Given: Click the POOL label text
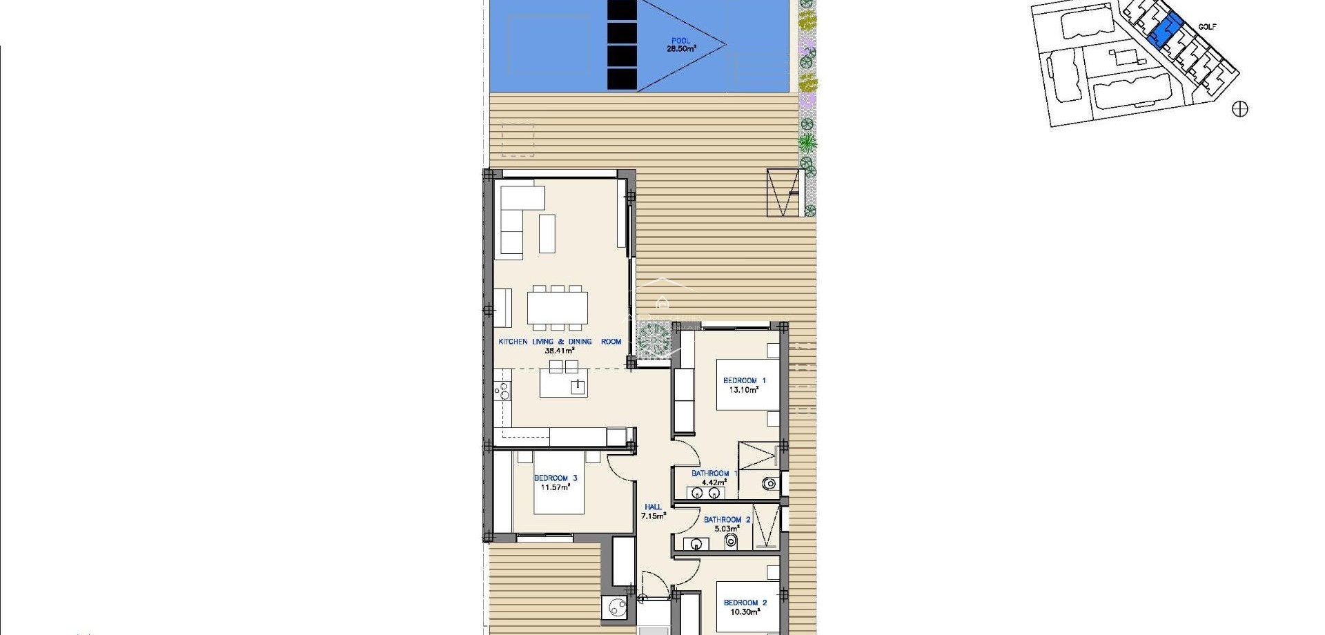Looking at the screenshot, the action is [x=680, y=41].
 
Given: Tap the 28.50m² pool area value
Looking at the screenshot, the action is [x=681, y=49].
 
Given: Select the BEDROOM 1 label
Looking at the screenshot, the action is [x=744, y=380].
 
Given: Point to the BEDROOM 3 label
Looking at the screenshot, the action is [x=556, y=478].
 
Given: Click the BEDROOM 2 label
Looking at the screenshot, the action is [x=745, y=603].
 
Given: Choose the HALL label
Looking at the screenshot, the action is [x=652, y=507].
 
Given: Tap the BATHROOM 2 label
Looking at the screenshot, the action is [x=727, y=520].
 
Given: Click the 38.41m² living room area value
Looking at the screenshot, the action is [x=560, y=350].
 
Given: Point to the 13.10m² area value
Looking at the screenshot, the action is [x=744, y=389].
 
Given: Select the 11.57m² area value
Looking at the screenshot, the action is [x=556, y=487].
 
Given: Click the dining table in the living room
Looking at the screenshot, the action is [x=558, y=308].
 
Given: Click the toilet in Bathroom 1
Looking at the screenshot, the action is [x=770, y=484].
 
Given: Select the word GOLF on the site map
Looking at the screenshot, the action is [x=1207, y=27].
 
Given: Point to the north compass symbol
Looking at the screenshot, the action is [x=1240, y=109].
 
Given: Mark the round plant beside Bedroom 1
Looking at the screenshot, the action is [x=652, y=340].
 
